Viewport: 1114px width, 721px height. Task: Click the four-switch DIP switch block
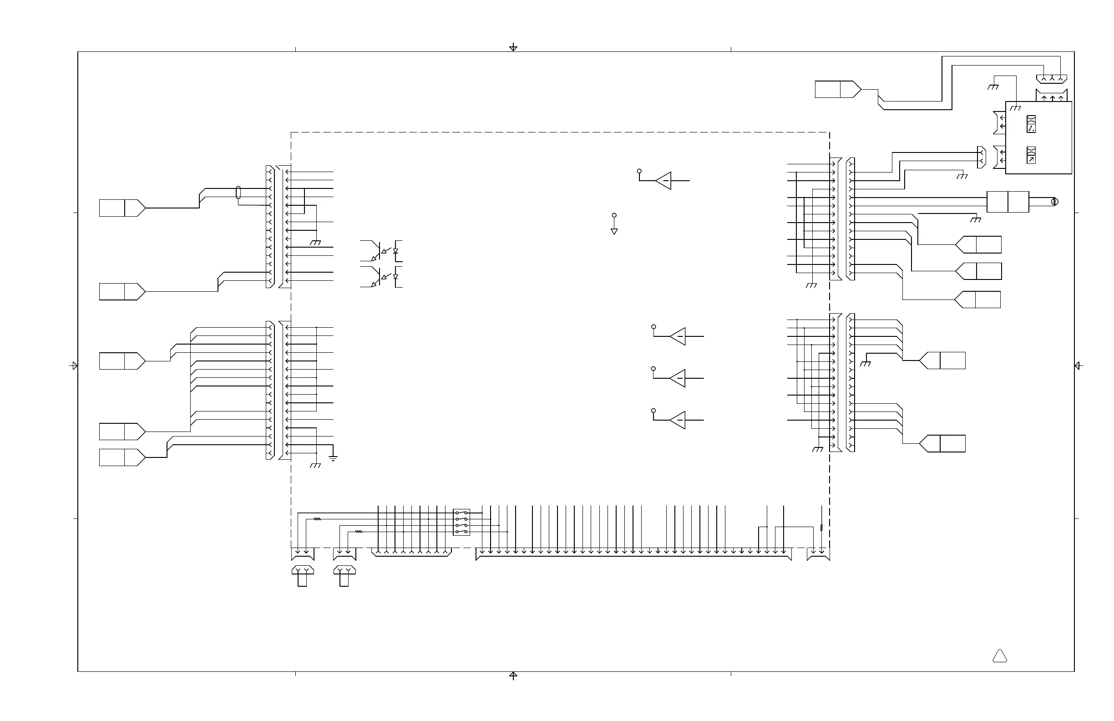[x=461, y=522]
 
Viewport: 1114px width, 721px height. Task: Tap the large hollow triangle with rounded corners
[x=999, y=656]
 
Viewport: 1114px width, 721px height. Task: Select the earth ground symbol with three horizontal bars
[x=333, y=458]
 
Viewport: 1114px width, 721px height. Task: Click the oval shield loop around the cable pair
[x=238, y=193]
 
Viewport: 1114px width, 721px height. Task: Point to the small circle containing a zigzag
[x=1054, y=202]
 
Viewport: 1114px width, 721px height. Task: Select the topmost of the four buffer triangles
[x=664, y=181]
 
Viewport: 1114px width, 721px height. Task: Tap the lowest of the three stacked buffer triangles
[x=678, y=420]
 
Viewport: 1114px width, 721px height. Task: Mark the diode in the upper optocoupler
[x=395, y=251]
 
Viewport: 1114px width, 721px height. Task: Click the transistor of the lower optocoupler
[x=375, y=277]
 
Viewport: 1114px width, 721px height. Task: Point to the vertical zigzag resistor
[x=821, y=528]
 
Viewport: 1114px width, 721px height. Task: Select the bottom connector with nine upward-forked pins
[x=411, y=553]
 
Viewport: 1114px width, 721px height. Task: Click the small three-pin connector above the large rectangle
[x=1052, y=79]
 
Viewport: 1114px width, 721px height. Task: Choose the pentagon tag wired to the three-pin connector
[x=837, y=89]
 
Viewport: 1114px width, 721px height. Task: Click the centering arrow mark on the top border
[x=513, y=47]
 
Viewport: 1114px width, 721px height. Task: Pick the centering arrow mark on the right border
[x=1078, y=366]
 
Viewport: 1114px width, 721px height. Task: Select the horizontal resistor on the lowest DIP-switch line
[x=359, y=531]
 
